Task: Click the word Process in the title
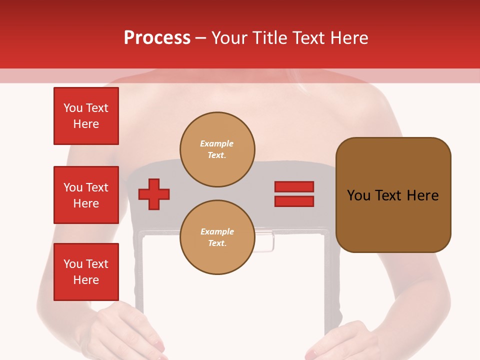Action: (157, 38)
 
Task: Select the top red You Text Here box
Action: (86, 116)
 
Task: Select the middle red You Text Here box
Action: (86, 195)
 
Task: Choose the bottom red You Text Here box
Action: (86, 272)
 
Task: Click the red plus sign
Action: (154, 194)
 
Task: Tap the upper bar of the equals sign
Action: (294, 186)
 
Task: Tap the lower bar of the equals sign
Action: (294, 201)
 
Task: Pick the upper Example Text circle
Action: (217, 149)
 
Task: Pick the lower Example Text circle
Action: (217, 237)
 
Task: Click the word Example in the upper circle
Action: (217, 143)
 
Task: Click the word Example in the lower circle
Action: (217, 231)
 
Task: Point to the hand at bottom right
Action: (340, 340)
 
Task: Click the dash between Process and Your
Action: (201, 38)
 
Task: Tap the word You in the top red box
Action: (73, 108)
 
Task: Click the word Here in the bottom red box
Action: (86, 280)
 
